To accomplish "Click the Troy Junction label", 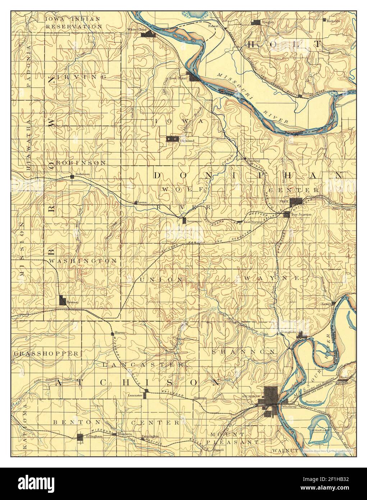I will [x=301, y=214].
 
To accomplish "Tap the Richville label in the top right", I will [x=333, y=21].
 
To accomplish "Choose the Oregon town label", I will [x=269, y=22].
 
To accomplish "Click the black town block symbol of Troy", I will [x=297, y=202].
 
